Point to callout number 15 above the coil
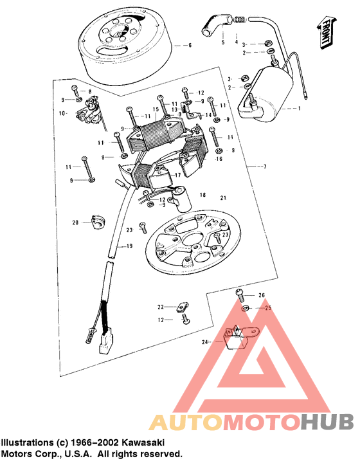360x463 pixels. [156, 110]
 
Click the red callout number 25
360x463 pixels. [269, 308]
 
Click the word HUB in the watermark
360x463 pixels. [327, 421]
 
